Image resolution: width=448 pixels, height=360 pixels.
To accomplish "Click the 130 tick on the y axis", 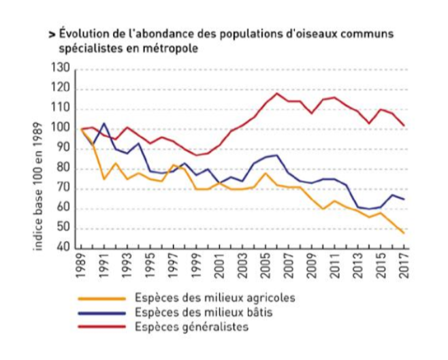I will pos(61,69).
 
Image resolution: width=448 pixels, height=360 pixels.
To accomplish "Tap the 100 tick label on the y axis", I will pos(61,129).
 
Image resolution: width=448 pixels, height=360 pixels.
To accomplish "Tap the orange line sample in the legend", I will pos(102,298).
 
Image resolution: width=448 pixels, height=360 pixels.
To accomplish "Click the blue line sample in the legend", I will pos(102,313).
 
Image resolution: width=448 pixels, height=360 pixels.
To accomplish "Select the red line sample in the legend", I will pos(102,327).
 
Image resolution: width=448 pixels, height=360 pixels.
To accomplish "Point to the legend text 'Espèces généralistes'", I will pos(191,327).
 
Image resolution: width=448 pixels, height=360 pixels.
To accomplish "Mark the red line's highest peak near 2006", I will pos(277,93).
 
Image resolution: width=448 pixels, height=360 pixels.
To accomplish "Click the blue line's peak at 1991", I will pos(104,123).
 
